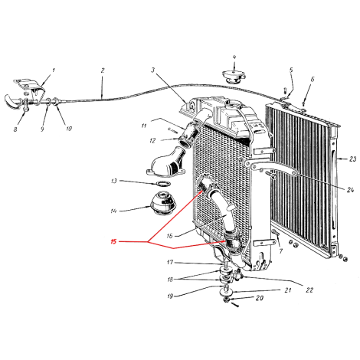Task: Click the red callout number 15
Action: tap(113, 241)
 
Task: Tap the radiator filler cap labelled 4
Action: tap(234, 76)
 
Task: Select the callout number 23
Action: tap(352, 159)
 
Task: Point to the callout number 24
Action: tap(350, 190)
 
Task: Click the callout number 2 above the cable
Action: tap(103, 70)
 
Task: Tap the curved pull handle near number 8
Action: tap(12, 102)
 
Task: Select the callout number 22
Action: tap(309, 290)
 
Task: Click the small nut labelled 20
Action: tap(226, 300)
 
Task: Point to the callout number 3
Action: tap(152, 70)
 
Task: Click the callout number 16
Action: tap(170, 236)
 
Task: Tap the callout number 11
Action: tap(144, 126)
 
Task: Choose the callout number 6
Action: tap(313, 80)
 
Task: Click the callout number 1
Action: tap(54, 70)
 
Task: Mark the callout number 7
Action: tap(281, 251)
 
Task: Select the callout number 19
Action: tap(170, 296)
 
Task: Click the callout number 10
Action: tap(69, 129)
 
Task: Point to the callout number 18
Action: tap(170, 280)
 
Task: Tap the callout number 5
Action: tap(291, 70)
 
